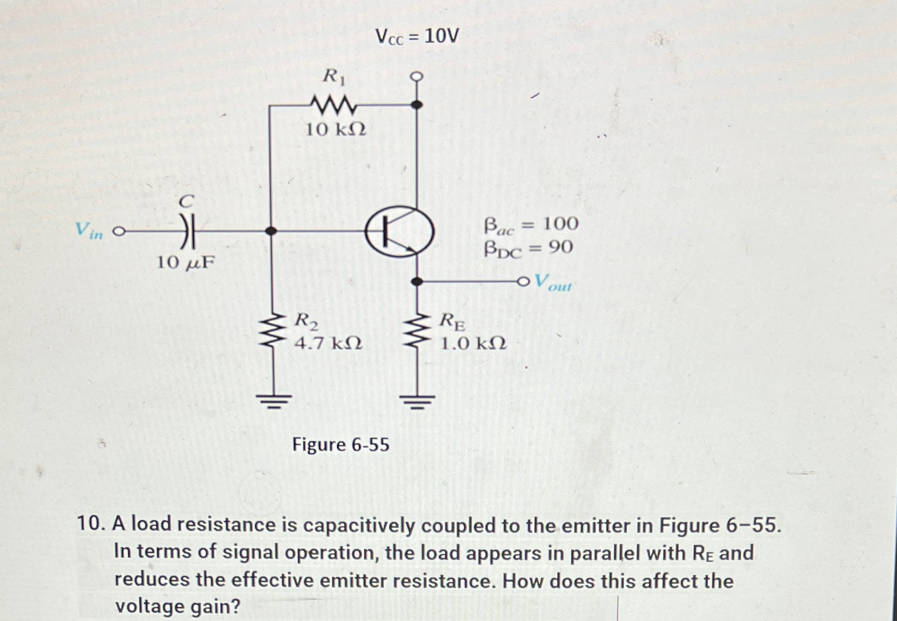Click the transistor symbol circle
tap(399, 232)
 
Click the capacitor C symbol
tap(188, 231)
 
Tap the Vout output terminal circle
tap(523, 282)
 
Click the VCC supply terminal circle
tap(417, 77)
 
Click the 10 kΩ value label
tap(336, 129)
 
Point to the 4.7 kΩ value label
tap(328, 343)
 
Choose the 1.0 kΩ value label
tap(473, 343)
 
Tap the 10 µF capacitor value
tap(185, 263)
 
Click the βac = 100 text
tap(531, 224)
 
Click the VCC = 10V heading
tap(417, 37)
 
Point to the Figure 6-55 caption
tap(341, 445)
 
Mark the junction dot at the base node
tap(270, 231)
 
